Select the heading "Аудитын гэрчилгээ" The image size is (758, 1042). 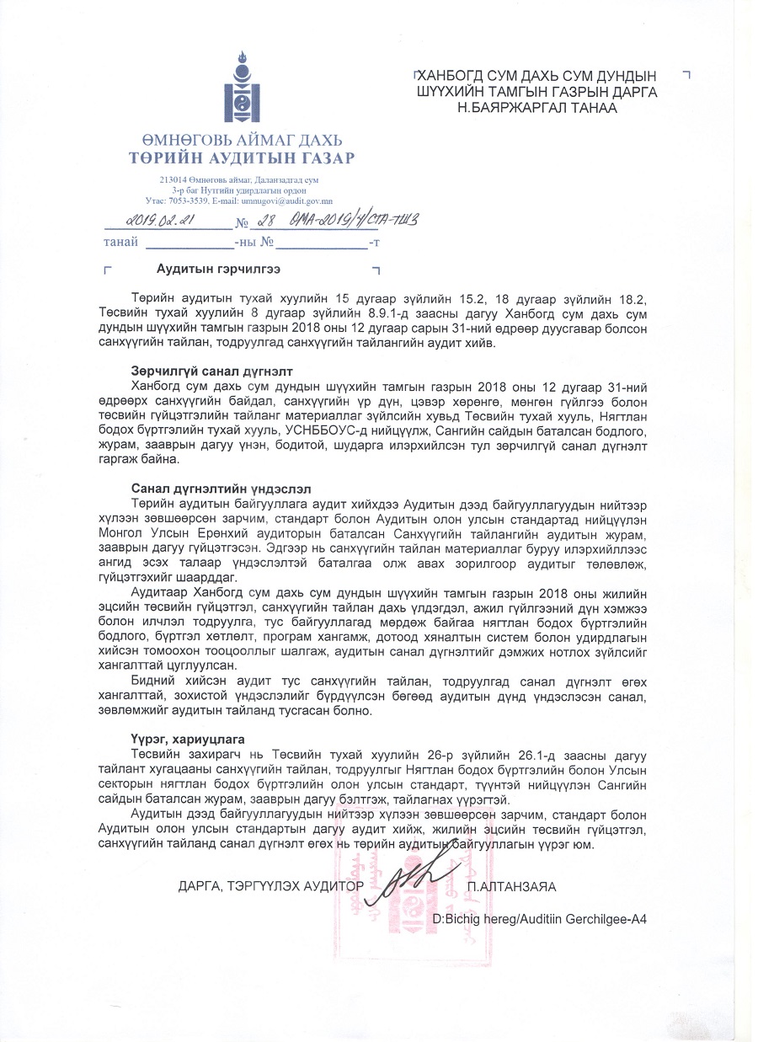coord(218,269)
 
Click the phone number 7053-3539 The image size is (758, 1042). coord(188,201)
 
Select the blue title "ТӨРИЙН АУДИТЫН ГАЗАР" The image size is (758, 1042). coord(241,158)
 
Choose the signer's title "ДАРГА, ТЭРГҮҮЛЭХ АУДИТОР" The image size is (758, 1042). coord(271,886)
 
